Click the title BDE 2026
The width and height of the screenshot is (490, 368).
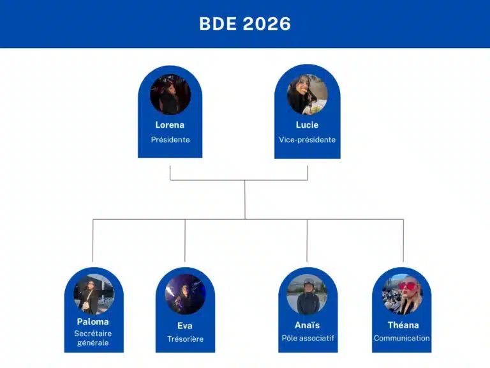(245, 24)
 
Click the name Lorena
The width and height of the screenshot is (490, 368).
(170, 125)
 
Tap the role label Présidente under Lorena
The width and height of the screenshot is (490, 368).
(170, 139)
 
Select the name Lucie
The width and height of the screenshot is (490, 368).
(307, 125)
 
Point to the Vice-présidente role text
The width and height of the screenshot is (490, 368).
(307, 139)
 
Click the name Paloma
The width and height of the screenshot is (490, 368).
(93, 322)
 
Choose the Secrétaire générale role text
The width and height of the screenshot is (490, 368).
(93, 338)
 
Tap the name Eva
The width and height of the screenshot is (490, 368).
(184, 326)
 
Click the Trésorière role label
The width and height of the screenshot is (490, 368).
(185, 339)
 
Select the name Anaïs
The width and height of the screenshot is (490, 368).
(307, 325)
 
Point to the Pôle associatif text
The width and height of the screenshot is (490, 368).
(308, 338)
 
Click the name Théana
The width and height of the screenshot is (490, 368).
(403, 325)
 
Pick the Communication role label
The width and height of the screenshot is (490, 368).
(401, 338)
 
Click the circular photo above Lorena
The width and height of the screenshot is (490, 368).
(170, 95)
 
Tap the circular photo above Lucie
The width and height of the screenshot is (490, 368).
(308, 95)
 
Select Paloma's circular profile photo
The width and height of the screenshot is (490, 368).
(94, 294)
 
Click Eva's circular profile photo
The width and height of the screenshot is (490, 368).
(185, 294)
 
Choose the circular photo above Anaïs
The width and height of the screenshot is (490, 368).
(307, 294)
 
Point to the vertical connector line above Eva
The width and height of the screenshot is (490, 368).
(185, 240)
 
